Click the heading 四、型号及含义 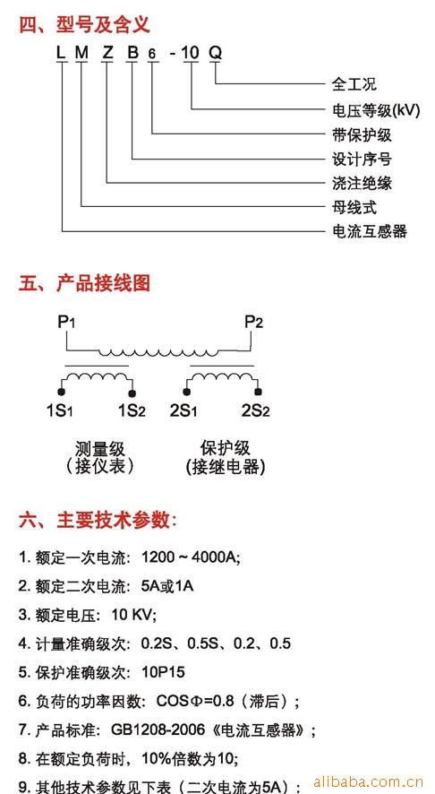pyautogui.click(x=85, y=24)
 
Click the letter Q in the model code pyautogui.click(x=216, y=53)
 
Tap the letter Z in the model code pyautogui.click(x=107, y=53)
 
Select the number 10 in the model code pyautogui.click(x=192, y=53)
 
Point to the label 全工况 pyautogui.click(x=354, y=83)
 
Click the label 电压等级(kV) pyautogui.click(x=376, y=110)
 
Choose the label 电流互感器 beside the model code pyautogui.click(x=370, y=231)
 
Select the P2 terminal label pyautogui.click(x=254, y=322)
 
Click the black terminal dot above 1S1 pyautogui.click(x=61, y=393)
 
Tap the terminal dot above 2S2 pyautogui.click(x=259, y=393)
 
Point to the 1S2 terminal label pyautogui.click(x=132, y=410)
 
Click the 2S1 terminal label pyautogui.click(x=183, y=410)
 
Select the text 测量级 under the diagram pyautogui.click(x=99, y=449)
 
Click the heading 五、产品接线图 pyautogui.click(x=85, y=283)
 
